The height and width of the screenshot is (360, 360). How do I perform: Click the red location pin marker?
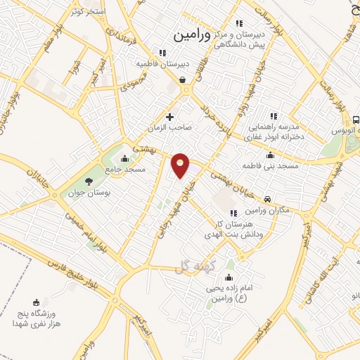(181, 165)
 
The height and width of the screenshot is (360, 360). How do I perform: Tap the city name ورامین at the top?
(192, 32)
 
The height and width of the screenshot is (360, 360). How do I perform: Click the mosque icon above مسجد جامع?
(124, 158)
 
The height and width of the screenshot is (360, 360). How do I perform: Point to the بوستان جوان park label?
(87, 193)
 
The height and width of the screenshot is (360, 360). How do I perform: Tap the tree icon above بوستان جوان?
(88, 181)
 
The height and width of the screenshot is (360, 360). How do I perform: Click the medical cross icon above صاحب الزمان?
(169, 117)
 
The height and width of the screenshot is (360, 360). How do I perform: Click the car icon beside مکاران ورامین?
(268, 199)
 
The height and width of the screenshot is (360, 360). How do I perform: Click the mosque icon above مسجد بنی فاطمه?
(270, 155)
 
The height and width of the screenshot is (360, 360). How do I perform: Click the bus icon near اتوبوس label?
(356, 120)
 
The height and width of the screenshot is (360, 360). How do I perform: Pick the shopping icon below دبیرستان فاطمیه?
(183, 80)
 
